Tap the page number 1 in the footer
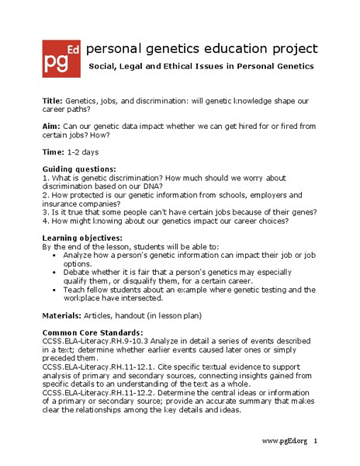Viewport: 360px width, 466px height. pyautogui.click(x=316, y=440)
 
